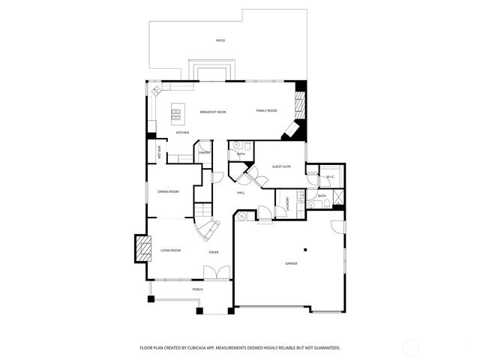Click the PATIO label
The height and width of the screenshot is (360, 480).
(220, 40)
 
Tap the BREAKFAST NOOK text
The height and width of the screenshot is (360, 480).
(213, 112)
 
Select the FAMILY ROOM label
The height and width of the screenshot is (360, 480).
(266, 110)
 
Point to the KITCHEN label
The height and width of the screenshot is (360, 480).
(182, 133)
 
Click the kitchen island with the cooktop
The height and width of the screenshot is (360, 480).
(178, 112)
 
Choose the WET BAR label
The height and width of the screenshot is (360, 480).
(160, 152)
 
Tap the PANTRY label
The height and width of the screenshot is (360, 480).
(205, 153)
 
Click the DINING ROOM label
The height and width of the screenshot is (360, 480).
(168, 191)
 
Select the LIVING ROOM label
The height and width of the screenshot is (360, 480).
(171, 250)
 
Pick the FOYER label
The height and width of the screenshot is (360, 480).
(214, 252)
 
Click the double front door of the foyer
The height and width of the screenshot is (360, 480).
(215, 273)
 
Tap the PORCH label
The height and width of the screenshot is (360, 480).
(198, 289)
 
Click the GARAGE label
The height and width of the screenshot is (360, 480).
(291, 263)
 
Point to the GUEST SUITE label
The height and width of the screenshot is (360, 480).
(282, 167)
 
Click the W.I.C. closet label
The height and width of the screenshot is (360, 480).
(330, 176)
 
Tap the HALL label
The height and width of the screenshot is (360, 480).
(241, 193)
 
